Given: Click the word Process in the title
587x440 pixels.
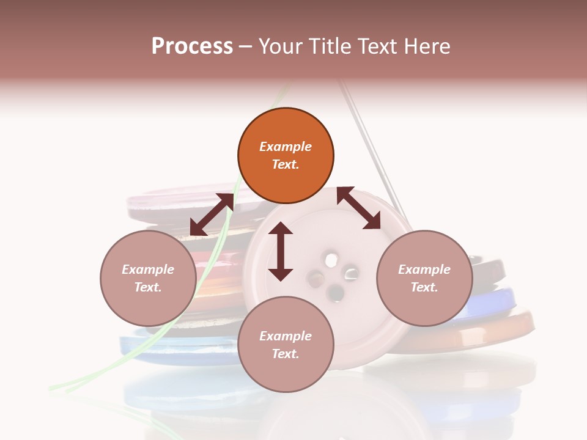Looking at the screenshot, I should [192, 46].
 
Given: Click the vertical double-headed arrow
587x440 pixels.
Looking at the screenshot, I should [281, 251].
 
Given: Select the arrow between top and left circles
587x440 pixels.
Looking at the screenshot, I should [212, 214].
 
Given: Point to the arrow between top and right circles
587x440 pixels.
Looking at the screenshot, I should [359, 208].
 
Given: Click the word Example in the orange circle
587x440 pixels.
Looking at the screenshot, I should [286, 147].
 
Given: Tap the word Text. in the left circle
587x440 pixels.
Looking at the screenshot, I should [148, 287].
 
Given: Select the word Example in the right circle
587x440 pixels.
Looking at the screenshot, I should [424, 269].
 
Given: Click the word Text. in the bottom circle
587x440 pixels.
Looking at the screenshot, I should [286, 354].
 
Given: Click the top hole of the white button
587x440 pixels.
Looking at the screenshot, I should [331, 260].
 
